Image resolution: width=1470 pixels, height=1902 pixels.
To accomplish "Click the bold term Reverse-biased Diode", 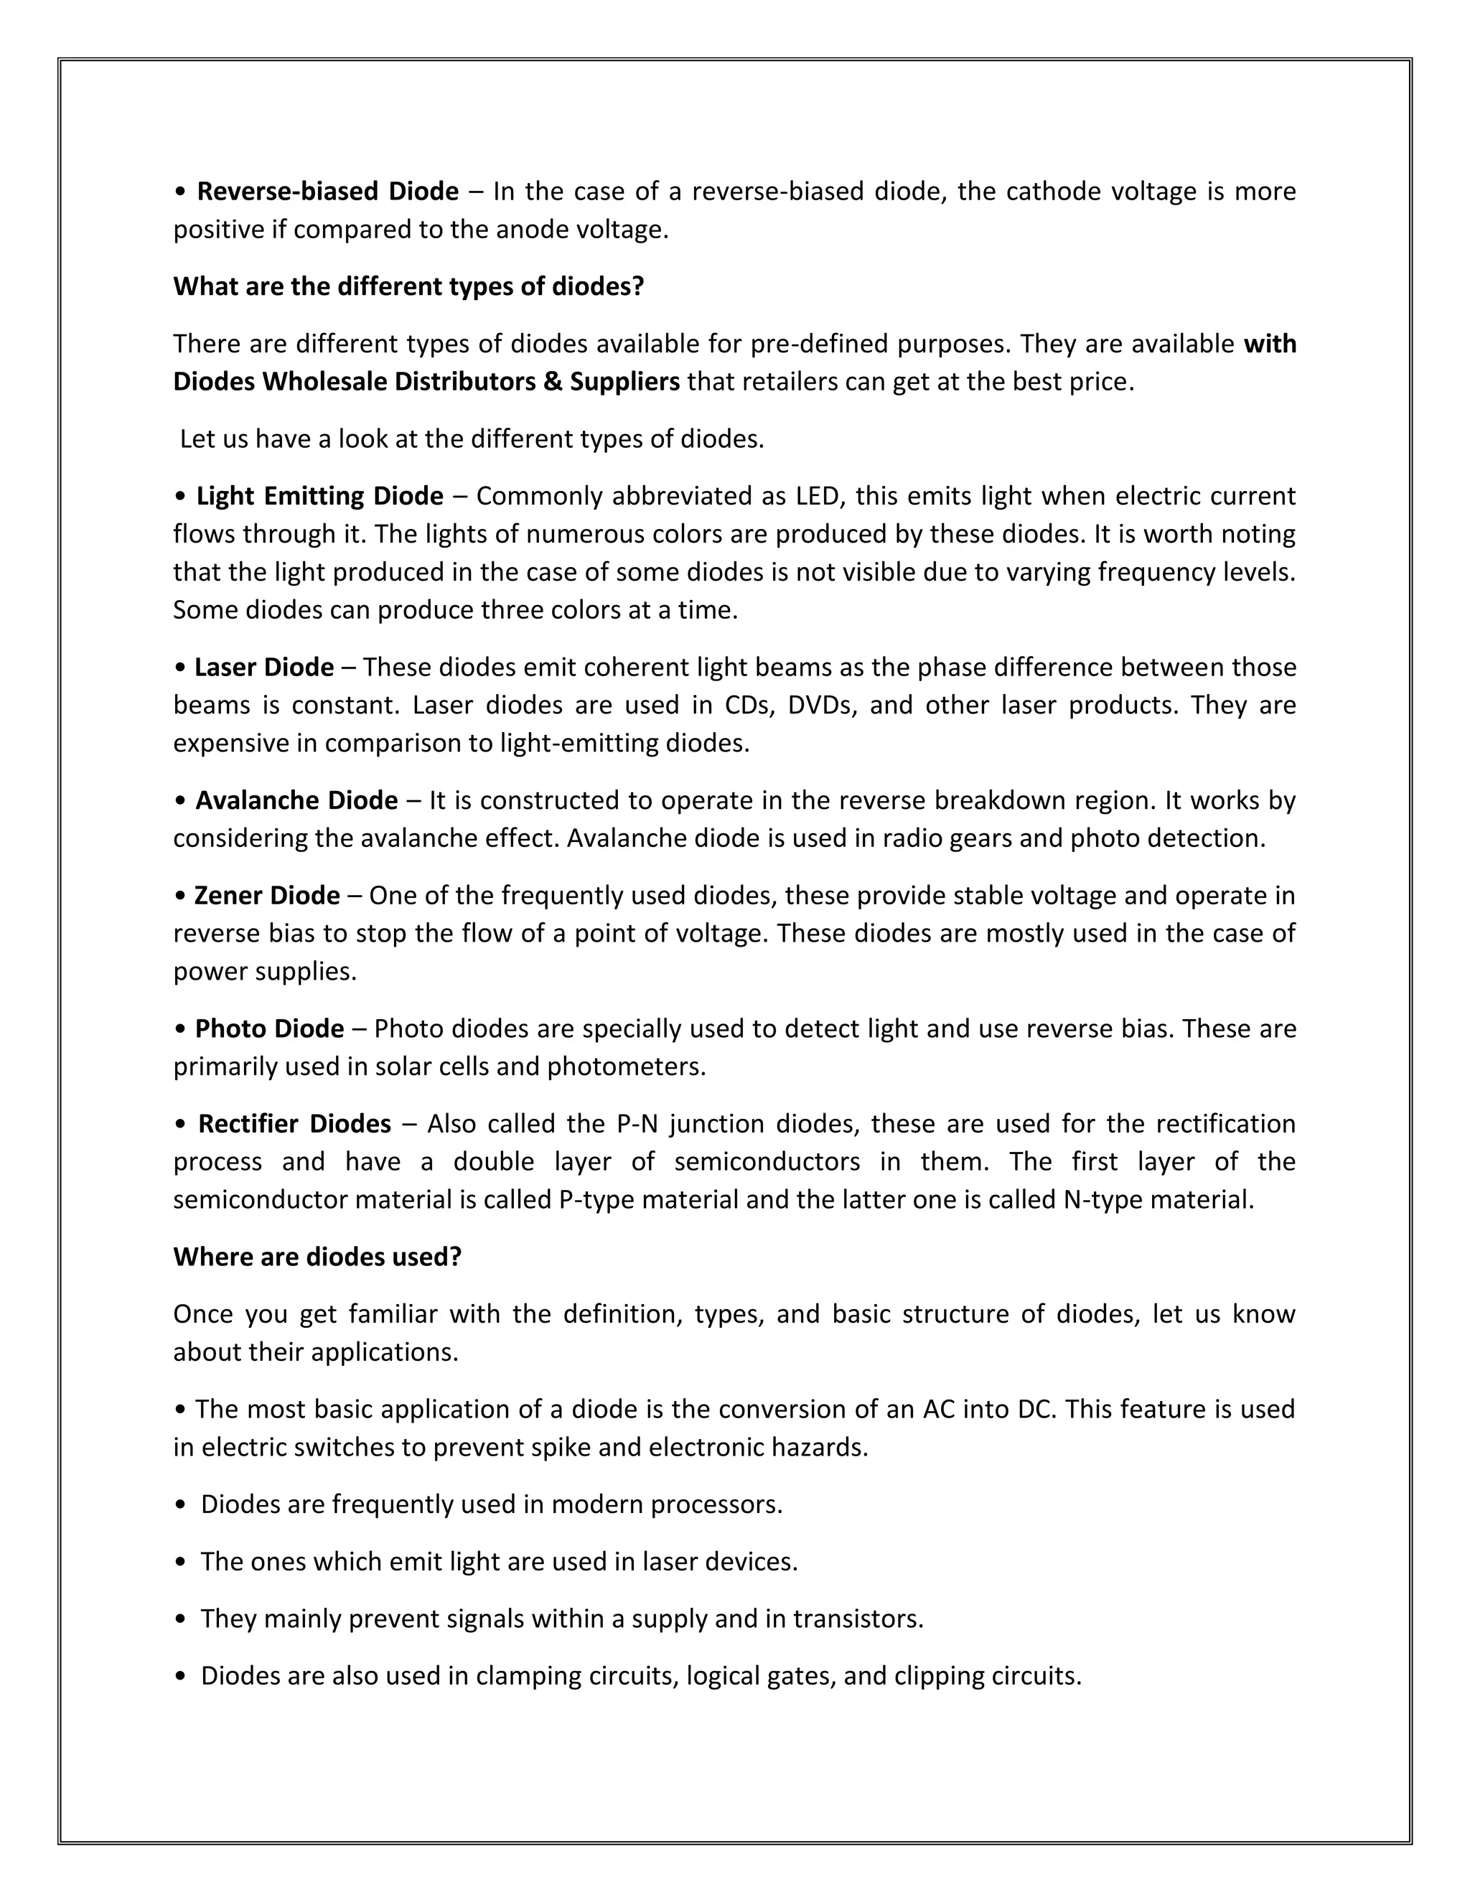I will pos(327,191).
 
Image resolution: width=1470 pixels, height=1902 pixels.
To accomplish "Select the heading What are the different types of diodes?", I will pos(408,286).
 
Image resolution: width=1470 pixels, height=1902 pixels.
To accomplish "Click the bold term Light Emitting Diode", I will pos(319,495).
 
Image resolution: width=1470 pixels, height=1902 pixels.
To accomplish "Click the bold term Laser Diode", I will pos(264,667).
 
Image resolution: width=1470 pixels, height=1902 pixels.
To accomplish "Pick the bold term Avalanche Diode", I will pos(296,800).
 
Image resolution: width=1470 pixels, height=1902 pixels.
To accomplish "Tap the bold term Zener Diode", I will pos(266,895).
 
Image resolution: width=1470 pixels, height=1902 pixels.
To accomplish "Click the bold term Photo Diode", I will pos(269,1029).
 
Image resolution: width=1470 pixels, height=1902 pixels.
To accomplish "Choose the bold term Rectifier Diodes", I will pos(294,1123).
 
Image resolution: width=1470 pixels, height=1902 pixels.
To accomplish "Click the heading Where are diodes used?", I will pos(317,1257).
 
